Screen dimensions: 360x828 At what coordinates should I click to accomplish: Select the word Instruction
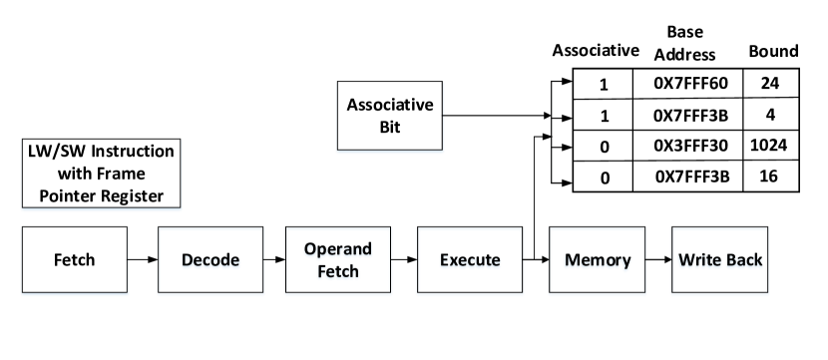(129, 152)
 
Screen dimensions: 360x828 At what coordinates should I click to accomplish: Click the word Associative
(390, 105)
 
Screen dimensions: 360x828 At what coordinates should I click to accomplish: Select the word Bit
(390, 127)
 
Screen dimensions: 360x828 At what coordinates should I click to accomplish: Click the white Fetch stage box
(75, 260)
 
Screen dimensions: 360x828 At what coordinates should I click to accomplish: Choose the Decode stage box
(211, 260)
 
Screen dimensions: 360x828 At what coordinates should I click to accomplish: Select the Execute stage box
(470, 260)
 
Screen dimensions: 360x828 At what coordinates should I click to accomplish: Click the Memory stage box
(598, 260)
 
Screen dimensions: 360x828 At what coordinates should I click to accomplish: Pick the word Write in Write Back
(698, 260)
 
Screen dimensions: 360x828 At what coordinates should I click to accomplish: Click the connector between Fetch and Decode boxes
(144, 260)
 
